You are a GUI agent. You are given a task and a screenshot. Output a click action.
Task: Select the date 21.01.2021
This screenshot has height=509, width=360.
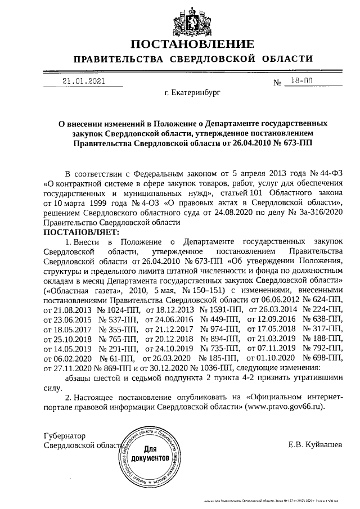[x=84, y=81]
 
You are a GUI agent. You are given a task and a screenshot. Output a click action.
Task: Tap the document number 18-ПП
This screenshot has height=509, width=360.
[x=299, y=81]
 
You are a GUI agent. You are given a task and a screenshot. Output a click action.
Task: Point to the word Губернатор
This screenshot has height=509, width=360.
[x=65, y=436]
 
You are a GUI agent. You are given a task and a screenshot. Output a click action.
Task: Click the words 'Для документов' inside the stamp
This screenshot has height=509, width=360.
[x=150, y=454]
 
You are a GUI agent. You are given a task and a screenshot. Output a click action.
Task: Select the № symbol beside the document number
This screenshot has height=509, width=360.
[x=277, y=83]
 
